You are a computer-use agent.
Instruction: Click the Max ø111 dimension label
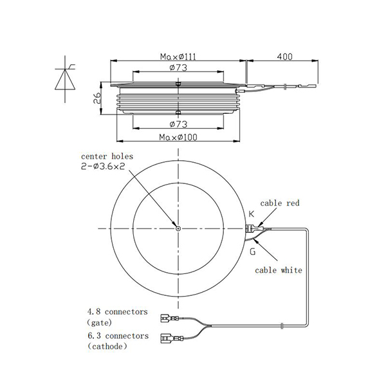tap(178, 57)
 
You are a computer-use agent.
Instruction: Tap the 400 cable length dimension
tap(284, 57)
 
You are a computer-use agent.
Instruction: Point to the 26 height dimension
tap(96, 98)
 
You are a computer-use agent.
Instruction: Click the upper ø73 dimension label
tap(178, 68)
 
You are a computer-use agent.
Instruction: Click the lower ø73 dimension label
tap(178, 124)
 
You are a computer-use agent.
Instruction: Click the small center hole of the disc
tap(178, 227)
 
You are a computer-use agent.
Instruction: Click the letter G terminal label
tap(252, 252)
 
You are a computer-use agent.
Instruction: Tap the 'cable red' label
tap(280, 203)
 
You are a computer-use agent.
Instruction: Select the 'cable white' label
tap(279, 270)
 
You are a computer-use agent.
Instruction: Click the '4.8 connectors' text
tap(116, 312)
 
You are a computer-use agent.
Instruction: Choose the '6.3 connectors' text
tap(116, 336)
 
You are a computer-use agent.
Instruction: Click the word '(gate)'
tap(98, 322)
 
